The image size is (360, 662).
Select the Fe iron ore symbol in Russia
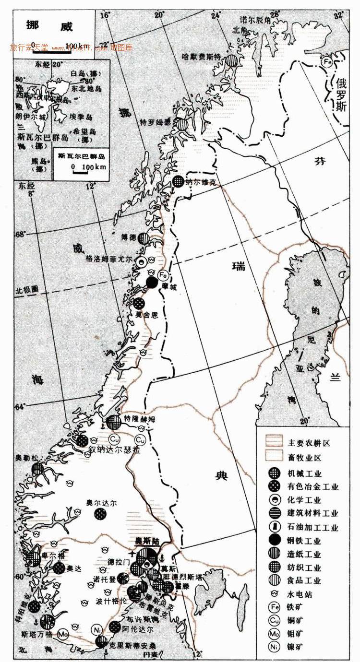click(x=327, y=61)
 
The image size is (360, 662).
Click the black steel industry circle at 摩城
click(x=152, y=283)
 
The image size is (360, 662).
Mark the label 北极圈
click(x=26, y=290)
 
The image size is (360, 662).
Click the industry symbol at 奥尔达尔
click(x=101, y=514)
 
